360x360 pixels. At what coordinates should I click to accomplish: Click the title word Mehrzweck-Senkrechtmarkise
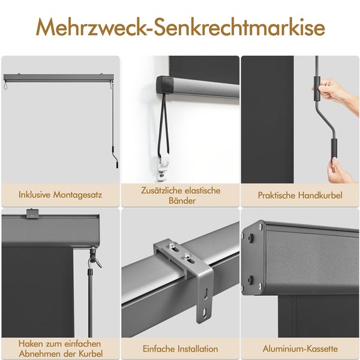coord(180,27)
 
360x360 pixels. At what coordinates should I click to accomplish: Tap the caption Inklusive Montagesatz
coord(60,195)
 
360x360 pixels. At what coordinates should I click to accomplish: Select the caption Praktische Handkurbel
coord(300,195)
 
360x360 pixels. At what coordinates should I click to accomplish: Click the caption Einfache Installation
coord(180,348)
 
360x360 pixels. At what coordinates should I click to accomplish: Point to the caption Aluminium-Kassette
coord(300,348)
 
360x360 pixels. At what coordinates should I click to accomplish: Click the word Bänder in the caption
coord(180,201)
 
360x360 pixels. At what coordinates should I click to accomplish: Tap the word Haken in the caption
coord(31,344)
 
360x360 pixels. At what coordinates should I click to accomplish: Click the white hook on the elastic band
coord(163,165)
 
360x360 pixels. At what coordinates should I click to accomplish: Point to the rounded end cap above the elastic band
coord(164,85)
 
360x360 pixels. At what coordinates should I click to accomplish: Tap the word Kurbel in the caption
coord(91,353)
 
